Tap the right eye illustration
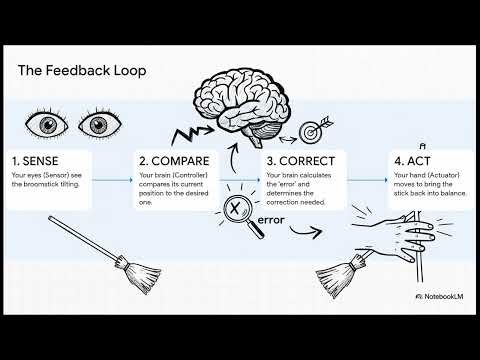coord(98,125)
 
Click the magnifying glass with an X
coord(241,213)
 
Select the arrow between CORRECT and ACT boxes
coord(367,180)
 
